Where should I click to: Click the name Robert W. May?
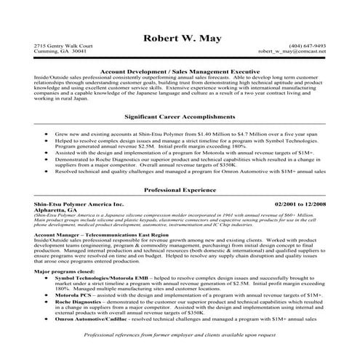click(180, 39)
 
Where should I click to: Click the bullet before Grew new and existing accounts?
click(47, 135)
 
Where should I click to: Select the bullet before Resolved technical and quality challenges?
click(47, 172)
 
